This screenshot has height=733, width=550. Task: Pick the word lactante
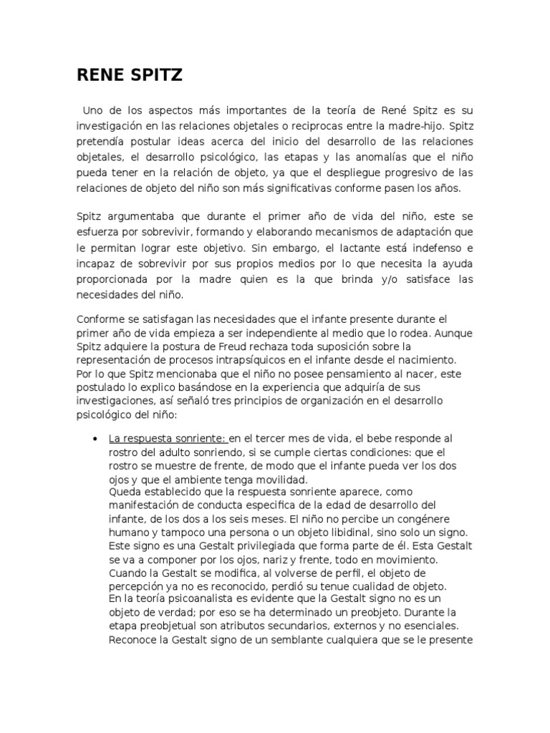[x=360, y=247]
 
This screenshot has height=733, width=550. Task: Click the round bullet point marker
[x=95, y=438]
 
